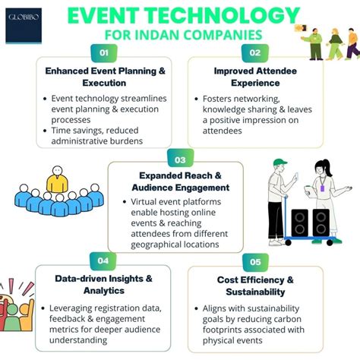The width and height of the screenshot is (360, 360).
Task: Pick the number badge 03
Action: point(180,160)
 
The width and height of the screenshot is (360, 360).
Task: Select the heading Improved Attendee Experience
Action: point(254,77)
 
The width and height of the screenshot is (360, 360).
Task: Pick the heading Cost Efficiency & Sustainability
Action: point(254,286)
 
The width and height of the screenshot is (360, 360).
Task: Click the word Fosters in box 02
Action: point(220,99)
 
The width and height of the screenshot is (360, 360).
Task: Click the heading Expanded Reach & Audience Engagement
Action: point(180,181)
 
